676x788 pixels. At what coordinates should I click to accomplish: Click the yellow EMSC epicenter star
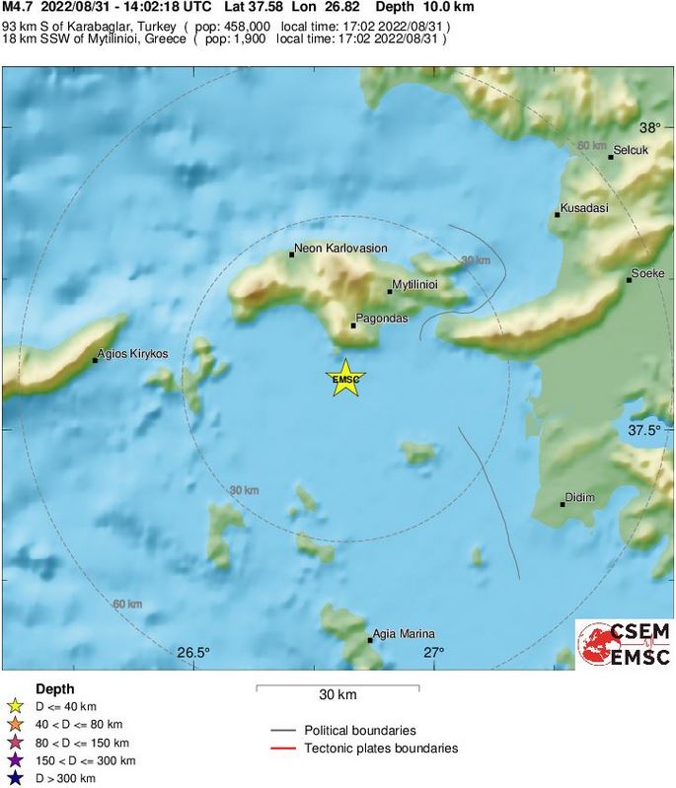point(345,380)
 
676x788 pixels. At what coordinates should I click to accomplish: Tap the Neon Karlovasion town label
point(341,249)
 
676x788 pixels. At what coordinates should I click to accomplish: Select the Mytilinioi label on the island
point(414,284)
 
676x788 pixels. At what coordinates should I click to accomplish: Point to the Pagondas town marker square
point(353,325)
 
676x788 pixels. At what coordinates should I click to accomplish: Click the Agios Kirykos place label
point(134,353)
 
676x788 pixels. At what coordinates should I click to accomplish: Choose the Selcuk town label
point(631,150)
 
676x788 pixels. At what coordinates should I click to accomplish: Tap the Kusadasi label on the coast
point(584,209)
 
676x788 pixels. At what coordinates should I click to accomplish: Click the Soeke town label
point(647,273)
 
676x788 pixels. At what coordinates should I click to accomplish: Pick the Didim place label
point(579,498)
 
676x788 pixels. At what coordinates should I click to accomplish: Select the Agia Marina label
point(404,634)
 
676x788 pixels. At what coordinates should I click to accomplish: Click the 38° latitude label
point(649,128)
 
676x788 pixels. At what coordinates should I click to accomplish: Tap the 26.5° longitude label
point(194,653)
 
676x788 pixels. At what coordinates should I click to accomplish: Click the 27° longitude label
point(434,653)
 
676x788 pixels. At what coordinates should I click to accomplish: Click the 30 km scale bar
point(338,687)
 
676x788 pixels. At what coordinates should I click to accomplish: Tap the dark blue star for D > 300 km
point(15,779)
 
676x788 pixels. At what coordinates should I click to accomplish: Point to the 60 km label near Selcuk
point(591,146)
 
